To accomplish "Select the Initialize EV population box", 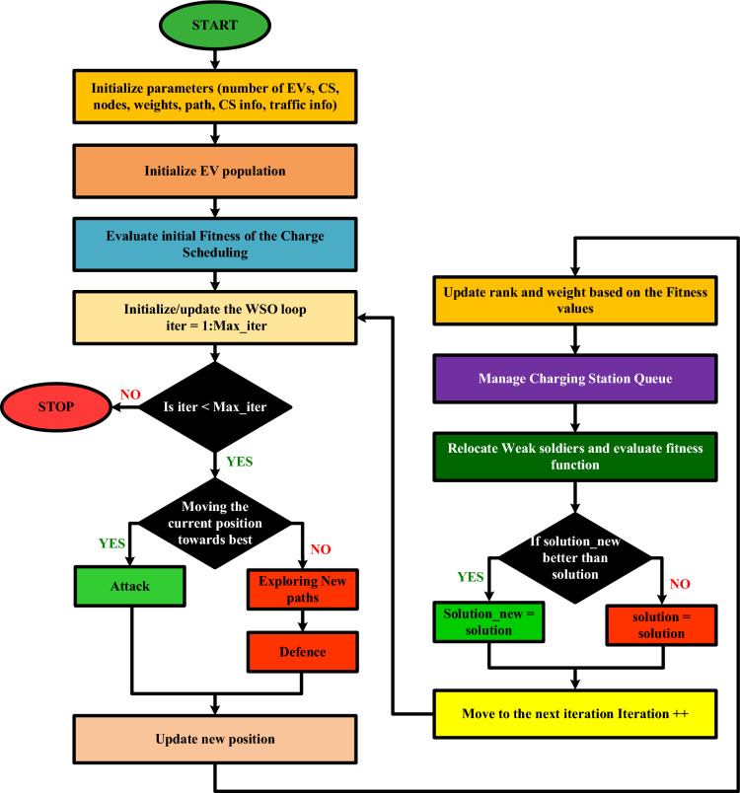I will coord(215,172).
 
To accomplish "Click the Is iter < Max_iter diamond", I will coord(215,404).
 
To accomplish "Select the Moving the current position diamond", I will coord(215,513).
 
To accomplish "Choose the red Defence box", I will coord(301,653).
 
